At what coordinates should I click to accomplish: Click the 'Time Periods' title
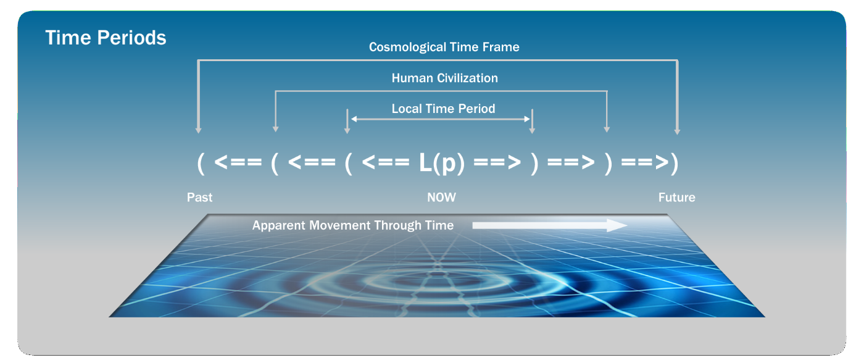click(106, 38)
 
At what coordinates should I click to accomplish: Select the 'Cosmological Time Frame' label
click(444, 47)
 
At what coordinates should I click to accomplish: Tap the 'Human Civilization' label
click(445, 78)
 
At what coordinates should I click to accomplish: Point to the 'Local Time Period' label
click(443, 109)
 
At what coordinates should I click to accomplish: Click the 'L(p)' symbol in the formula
click(442, 163)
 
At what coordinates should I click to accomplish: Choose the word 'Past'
click(199, 197)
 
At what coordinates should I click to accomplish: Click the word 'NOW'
click(441, 197)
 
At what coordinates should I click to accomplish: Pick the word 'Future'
click(676, 197)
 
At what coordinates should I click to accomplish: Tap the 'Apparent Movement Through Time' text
click(352, 225)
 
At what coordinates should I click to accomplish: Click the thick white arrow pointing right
click(550, 225)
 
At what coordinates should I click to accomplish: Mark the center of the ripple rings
click(437, 274)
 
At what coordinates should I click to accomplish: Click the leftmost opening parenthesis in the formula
click(201, 163)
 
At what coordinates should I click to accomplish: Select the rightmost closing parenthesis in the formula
click(675, 163)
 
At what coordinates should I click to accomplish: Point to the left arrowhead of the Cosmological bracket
click(198, 131)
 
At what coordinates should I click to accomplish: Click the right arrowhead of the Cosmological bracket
click(677, 132)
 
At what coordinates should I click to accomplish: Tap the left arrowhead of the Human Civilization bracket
click(275, 129)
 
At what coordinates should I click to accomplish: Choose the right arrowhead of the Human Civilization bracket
click(607, 130)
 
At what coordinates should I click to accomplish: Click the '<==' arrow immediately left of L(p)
click(385, 162)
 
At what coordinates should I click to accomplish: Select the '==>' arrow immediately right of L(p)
click(497, 162)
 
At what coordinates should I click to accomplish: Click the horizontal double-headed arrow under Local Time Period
click(440, 119)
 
